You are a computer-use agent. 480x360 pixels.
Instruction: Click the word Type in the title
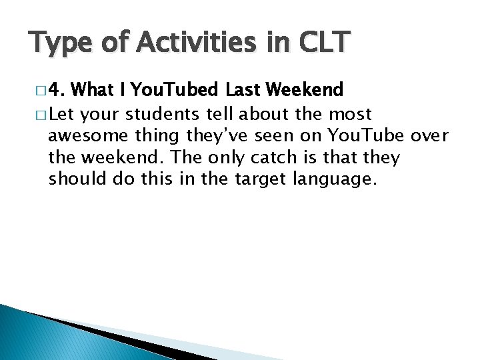[63, 43]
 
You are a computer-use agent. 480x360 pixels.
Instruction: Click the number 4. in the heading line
[57, 89]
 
